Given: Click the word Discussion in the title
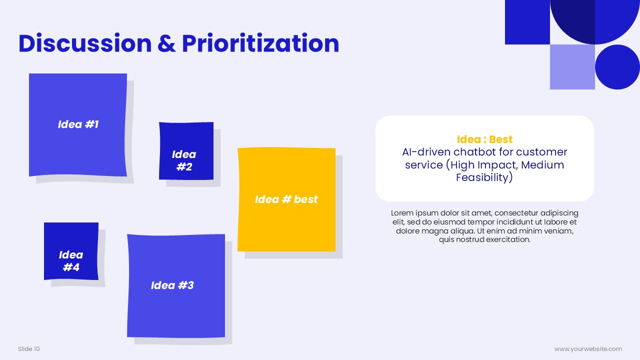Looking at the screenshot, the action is pos(85,43).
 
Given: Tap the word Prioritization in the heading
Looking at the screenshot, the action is pos(260,43).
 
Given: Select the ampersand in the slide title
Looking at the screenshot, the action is pos(166,43).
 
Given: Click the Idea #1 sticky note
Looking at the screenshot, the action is pos(77,125).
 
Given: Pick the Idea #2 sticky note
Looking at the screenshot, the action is pos(186,151).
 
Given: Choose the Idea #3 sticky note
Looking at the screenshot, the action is pos(176,285).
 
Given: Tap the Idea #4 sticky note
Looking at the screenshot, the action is pos(71,251).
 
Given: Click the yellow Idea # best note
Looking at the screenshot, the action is pos(286,199).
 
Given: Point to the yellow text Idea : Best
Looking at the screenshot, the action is pos(484,139).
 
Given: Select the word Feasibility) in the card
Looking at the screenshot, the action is pos(484,177).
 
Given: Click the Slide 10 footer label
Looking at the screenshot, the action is pos(29,349).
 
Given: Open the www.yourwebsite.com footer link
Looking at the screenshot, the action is pos(588,349).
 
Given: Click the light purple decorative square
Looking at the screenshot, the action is pos(572,67).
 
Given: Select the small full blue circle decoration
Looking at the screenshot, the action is pos(617,67).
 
